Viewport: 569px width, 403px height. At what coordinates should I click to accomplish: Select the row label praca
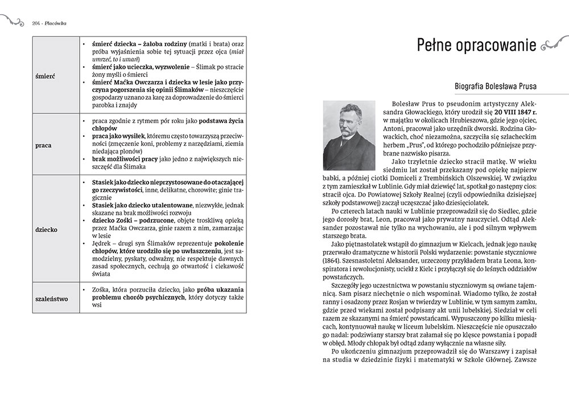(43, 145)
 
